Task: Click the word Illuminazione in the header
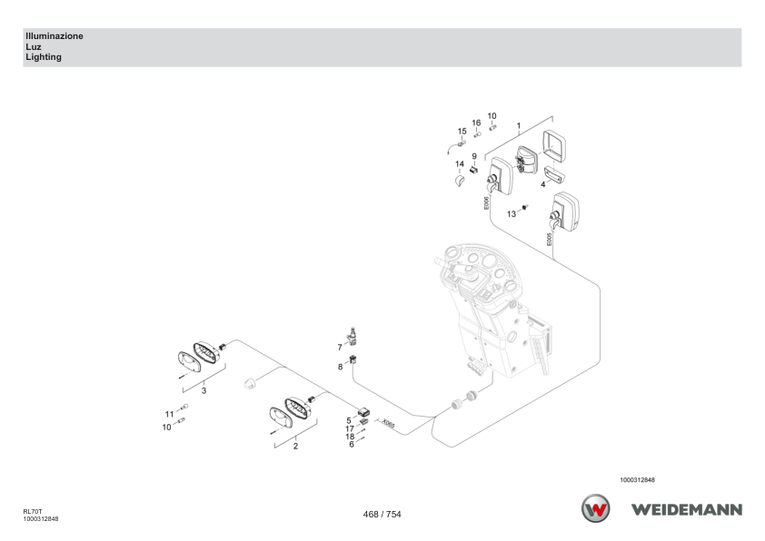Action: [x=55, y=36]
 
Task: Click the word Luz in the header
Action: [x=34, y=47]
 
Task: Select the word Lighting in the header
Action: [x=44, y=57]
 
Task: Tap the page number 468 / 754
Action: [x=382, y=514]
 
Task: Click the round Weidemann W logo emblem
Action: [x=595, y=508]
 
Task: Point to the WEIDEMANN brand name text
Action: [x=687, y=510]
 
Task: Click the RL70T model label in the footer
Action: [x=33, y=512]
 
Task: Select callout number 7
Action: [x=340, y=348]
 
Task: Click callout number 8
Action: [x=340, y=367]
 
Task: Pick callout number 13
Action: [x=512, y=214]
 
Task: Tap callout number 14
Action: [x=460, y=163]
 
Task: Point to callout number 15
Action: [x=462, y=131]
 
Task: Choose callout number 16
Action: [x=476, y=123]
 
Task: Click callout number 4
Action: [x=543, y=184]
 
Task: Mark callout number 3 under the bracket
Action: [x=204, y=391]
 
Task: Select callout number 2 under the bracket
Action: [x=295, y=446]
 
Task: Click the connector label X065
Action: [x=388, y=424]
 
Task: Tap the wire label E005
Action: [x=549, y=239]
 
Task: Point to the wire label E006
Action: [x=486, y=203]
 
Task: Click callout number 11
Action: [x=169, y=414]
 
